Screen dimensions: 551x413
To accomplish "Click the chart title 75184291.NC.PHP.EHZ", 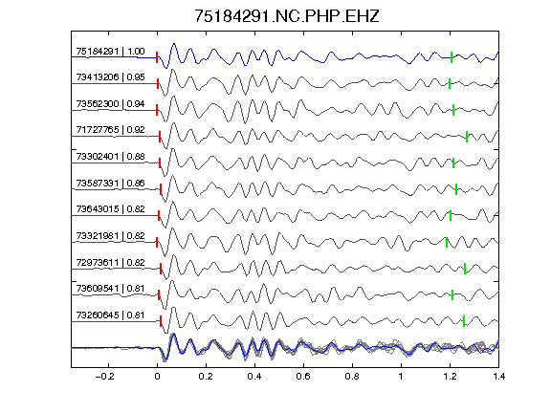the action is pos(287,16).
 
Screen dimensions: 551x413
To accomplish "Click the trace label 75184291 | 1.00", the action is pos(110,52).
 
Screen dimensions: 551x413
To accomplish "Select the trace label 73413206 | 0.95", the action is pos(110,77).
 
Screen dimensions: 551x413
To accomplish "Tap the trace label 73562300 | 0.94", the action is pos(110,104).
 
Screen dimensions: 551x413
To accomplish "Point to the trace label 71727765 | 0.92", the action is pos(110,130).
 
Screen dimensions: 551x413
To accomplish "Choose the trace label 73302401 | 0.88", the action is pos(110,156).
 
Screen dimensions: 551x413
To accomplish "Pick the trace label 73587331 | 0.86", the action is pos(110,183).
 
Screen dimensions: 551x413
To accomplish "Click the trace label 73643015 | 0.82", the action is pos(110,209).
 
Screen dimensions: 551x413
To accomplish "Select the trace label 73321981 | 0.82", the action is pos(110,235).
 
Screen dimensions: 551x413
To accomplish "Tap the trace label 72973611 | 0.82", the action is pos(110,262).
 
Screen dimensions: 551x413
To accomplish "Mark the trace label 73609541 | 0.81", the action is pos(110,289).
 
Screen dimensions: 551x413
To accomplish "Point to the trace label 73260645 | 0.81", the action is pos(110,315).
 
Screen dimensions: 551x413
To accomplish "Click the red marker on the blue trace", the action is pos(157,57).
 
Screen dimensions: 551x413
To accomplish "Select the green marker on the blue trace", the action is pos(452,57).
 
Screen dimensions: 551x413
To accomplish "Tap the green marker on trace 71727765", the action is pos(467,137).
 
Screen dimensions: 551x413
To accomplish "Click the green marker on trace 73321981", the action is pos(447,242).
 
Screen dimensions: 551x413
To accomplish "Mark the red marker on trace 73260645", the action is pos(161,321).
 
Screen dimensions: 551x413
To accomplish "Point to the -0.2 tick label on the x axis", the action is pos(104,377).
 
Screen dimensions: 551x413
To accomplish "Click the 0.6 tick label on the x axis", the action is pos(303,377).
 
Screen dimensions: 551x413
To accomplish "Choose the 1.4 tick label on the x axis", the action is pos(498,377).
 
